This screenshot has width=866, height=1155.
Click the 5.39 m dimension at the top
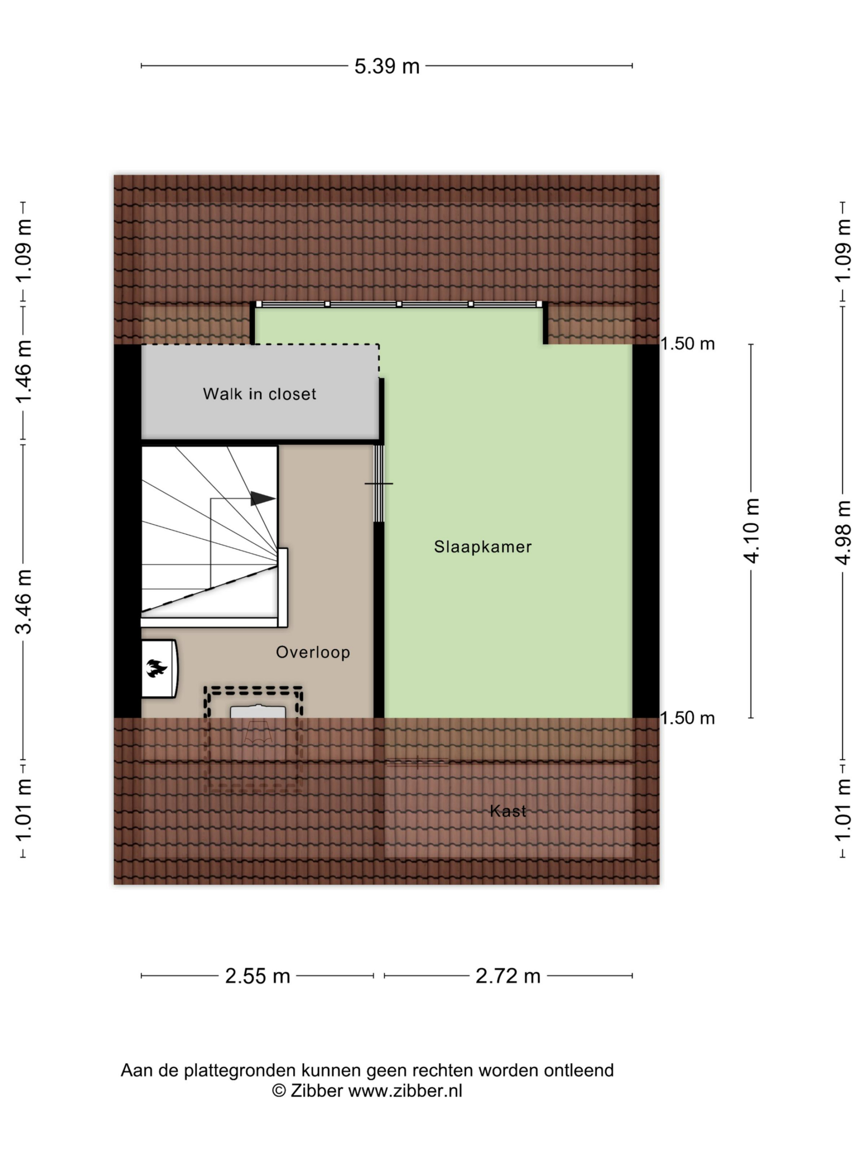(387, 66)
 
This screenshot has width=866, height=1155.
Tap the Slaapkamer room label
(483, 547)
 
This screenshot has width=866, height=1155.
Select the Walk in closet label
(259, 394)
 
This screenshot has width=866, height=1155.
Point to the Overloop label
(313, 652)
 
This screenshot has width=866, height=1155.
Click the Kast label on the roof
(508, 811)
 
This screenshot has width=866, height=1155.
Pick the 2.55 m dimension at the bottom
(258, 976)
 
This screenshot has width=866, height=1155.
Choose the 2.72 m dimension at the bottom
(508, 976)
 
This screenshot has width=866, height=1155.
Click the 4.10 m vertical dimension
(751, 531)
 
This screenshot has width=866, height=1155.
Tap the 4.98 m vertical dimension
(843, 532)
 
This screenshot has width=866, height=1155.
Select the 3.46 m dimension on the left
(23, 601)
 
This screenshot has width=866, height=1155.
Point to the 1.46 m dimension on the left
(23, 371)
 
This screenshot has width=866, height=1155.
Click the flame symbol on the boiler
(157, 668)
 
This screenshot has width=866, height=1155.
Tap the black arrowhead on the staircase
(263, 498)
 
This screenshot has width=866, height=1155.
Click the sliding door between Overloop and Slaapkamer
(379, 484)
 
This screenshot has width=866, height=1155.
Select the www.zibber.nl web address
(405, 1091)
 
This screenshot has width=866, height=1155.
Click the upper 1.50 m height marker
(687, 344)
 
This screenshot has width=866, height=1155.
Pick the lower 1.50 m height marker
(687, 718)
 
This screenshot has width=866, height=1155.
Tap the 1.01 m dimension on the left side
(23, 809)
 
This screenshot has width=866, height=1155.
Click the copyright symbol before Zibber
(279, 1091)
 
